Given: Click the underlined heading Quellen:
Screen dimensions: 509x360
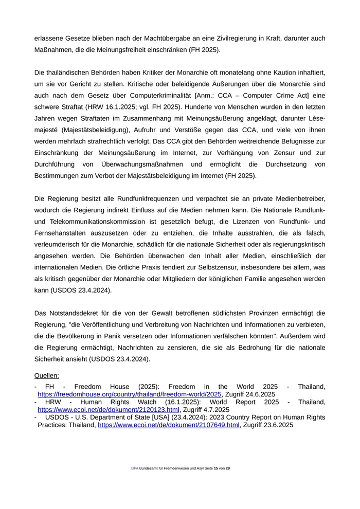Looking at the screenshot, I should (47, 376).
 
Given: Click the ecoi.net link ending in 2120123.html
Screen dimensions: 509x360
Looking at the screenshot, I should (109, 410).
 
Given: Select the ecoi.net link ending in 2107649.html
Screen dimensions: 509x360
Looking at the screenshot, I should (169, 425).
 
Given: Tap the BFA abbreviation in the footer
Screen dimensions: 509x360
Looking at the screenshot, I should (135, 469).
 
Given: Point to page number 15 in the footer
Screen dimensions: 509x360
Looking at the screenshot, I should (216, 469).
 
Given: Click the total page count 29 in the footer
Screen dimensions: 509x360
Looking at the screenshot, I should (228, 469).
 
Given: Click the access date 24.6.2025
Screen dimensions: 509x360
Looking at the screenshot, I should (257, 394).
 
